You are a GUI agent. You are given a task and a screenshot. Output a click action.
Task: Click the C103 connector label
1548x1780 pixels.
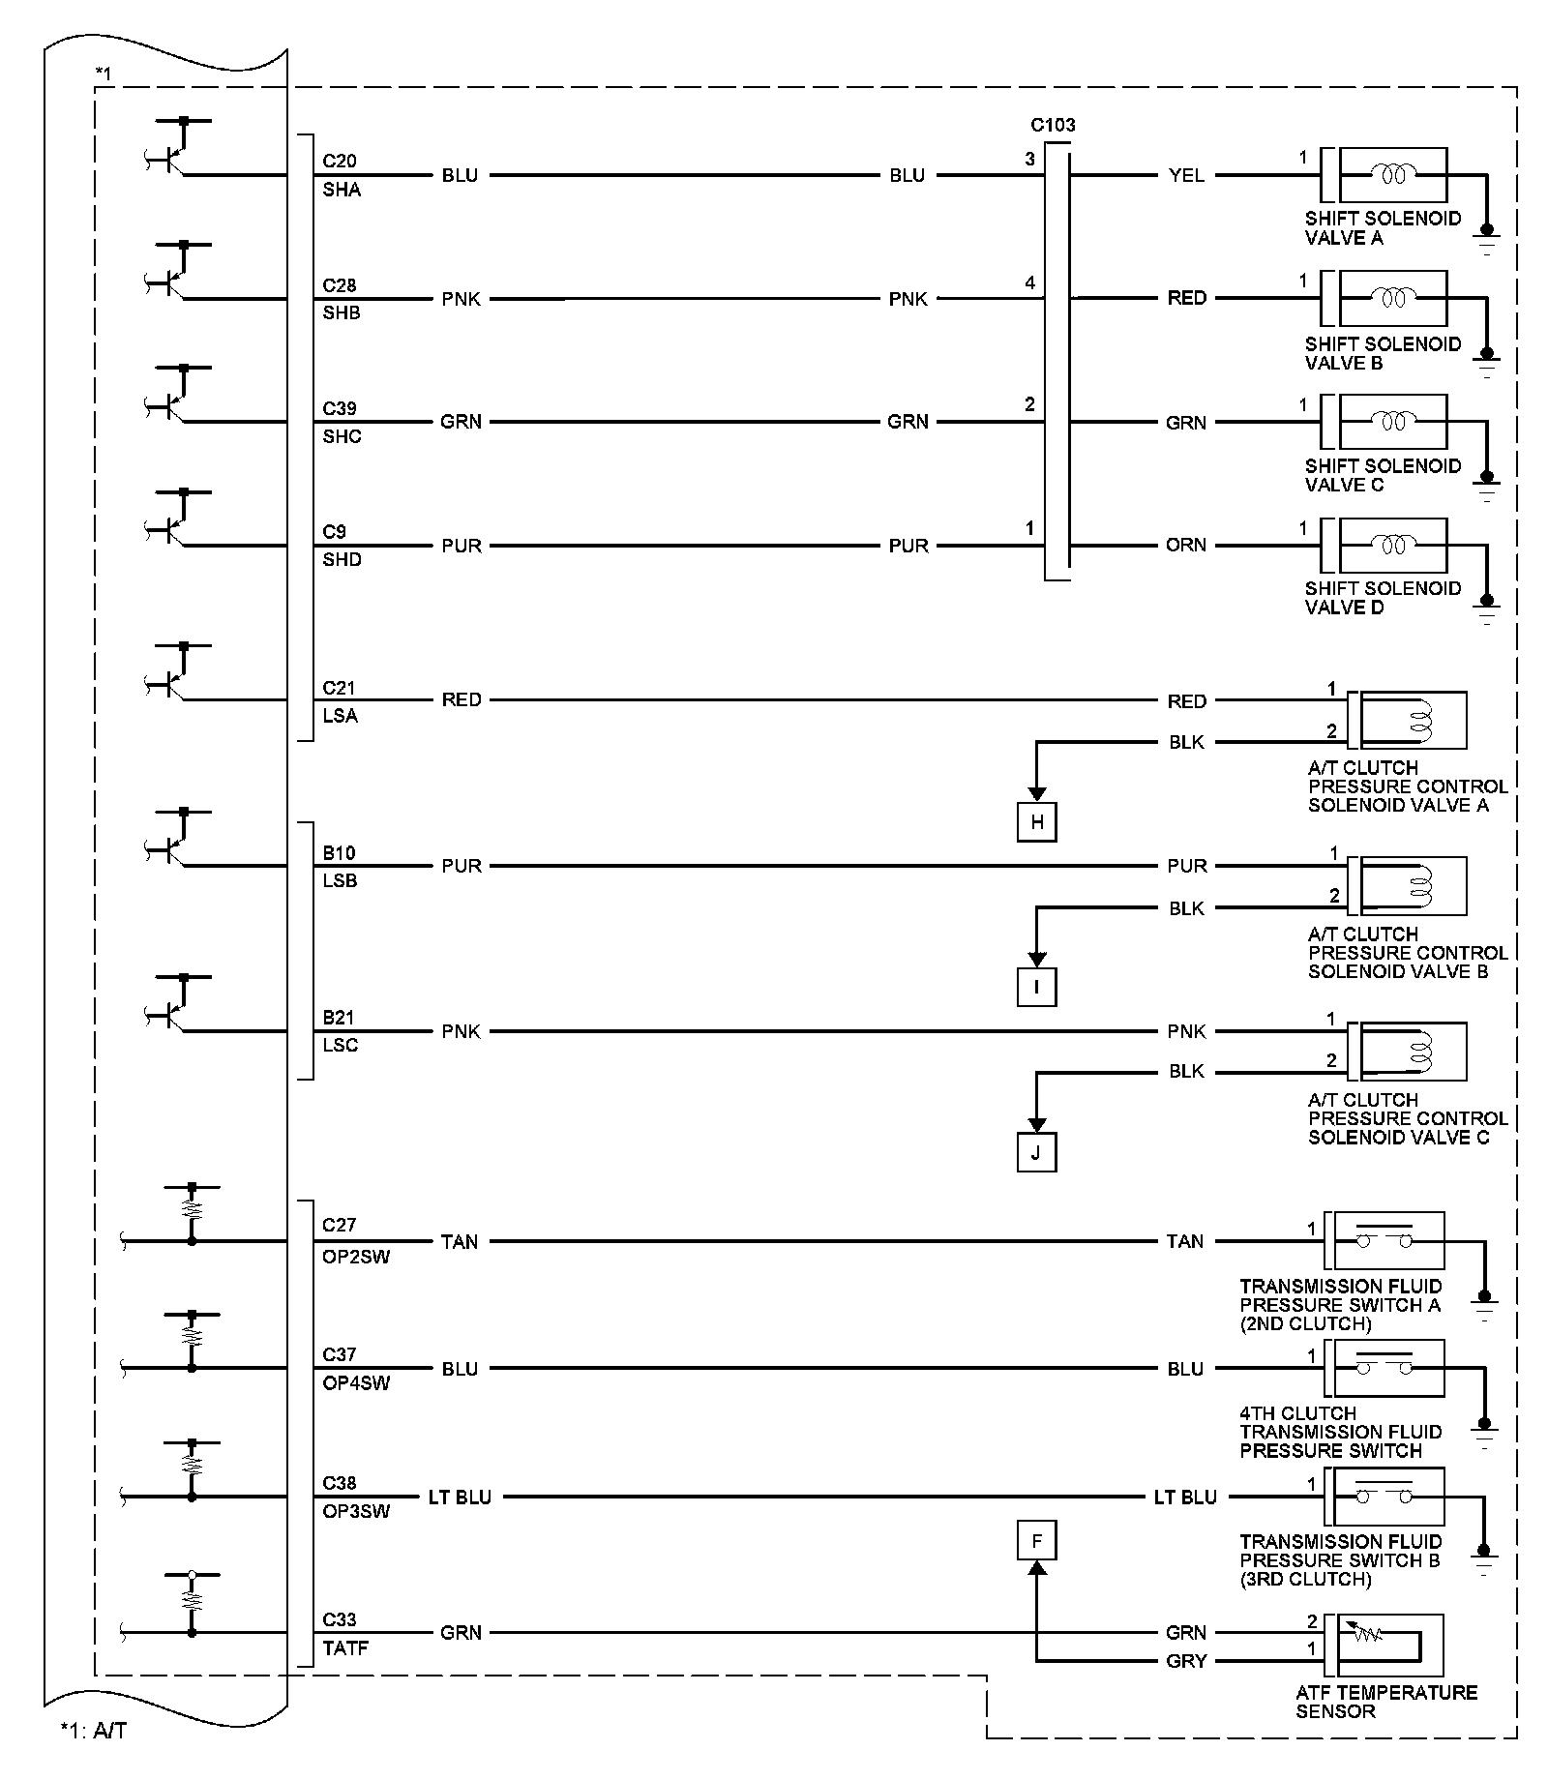click(x=1053, y=125)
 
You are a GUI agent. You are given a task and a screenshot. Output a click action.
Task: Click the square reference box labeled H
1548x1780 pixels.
click(x=1036, y=822)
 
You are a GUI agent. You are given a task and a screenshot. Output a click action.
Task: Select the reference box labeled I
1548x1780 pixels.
click(x=1036, y=988)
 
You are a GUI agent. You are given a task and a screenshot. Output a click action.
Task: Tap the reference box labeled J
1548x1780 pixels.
click(x=1036, y=1153)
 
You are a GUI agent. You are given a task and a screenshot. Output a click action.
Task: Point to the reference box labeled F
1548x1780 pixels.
click(x=1036, y=1541)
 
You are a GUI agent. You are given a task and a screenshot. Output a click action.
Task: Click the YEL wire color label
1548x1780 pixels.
click(x=1186, y=175)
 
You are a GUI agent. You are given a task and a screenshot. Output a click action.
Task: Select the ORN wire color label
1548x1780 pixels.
click(x=1186, y=545)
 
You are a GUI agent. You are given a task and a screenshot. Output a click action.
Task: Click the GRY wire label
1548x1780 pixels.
click(x=1186, y=1661)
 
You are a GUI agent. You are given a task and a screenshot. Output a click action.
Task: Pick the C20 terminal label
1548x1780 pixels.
click(x=340, y=161)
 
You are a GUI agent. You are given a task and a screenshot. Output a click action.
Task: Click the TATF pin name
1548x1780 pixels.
click(x=345, y=1648)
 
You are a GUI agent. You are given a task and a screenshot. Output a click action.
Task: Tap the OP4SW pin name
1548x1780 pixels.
click(x=356, y=1383)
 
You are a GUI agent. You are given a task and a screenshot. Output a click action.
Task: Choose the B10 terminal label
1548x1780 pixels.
click(x=339, y=853)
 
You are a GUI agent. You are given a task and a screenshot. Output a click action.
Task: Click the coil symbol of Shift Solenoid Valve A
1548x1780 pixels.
click(x=1393, y=174)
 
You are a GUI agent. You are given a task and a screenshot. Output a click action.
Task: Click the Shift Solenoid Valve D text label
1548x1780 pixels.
click(x=1382, y=598)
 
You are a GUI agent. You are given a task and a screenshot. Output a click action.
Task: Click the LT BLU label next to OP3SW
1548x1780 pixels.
click(x=460, y=1498)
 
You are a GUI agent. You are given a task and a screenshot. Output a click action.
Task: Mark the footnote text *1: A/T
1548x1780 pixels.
click(x=93, y=1731)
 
